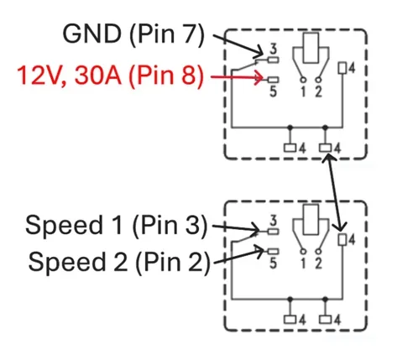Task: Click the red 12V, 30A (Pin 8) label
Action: [110, 75]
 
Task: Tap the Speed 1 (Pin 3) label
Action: [116, 225]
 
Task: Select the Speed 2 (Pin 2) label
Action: [119, 262]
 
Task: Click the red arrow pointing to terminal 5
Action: [237, 77]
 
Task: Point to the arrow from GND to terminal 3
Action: [238, 44]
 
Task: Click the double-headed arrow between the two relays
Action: [335, 193]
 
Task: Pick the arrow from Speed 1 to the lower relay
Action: [237, 228]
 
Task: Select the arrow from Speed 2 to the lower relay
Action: [238, 256]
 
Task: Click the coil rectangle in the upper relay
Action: [311, 48]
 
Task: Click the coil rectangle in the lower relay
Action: [311, 220]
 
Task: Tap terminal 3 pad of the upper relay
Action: [273, 60]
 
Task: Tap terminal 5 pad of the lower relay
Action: [273, 252]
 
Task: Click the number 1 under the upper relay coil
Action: [303, 91]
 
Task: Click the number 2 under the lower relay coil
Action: [319, 263]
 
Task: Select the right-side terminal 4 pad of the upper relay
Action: [342, 68]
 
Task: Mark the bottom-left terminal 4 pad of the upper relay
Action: [290, 148]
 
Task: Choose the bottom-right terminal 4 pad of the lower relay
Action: [326, 320]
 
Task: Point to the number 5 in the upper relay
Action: [273, 91]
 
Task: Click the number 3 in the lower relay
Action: [273, 221]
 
